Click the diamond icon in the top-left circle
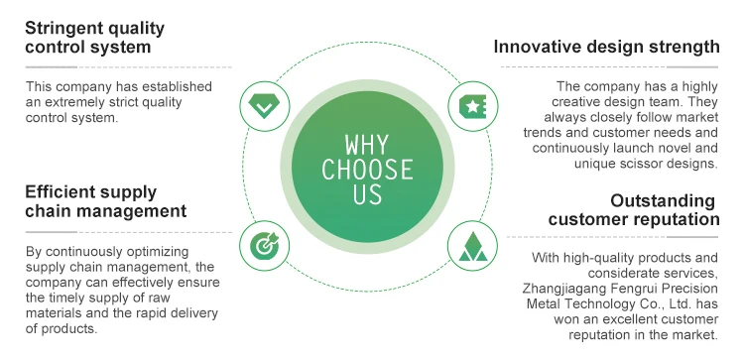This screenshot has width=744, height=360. coord(264,106)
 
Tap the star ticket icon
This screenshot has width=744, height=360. coord(472,106)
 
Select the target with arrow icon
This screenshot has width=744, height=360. coord(264,246)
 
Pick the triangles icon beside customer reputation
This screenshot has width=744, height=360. coord(472,247)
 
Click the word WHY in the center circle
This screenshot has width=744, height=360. coord(367,145)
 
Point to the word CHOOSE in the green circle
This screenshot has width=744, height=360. coord(367,170)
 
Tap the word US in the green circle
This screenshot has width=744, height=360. coord(367,194)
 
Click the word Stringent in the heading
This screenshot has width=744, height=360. coord(64,29)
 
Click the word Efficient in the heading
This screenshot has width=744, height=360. coord(60,192)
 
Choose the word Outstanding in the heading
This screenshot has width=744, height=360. coord(663,200)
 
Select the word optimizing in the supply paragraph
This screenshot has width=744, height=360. coord(156,252)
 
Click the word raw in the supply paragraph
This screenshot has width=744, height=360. coord(161,299)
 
